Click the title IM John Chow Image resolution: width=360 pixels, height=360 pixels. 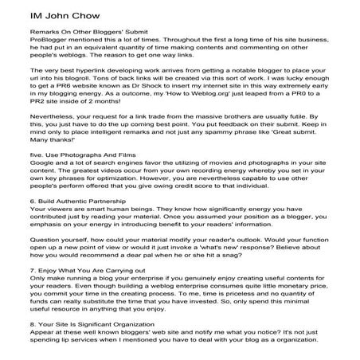tap(41, 12)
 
